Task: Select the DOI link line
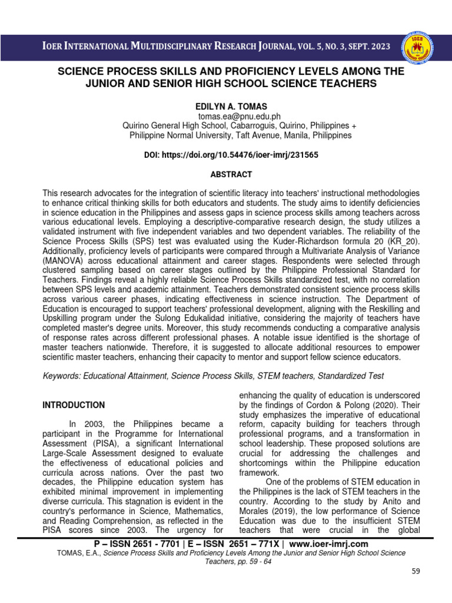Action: (226, 155)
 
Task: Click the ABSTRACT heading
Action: (225, 175)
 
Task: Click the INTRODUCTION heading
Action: (74, 405)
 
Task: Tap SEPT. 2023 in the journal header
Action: (365, 47)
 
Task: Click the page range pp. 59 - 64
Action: (243, 562)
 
